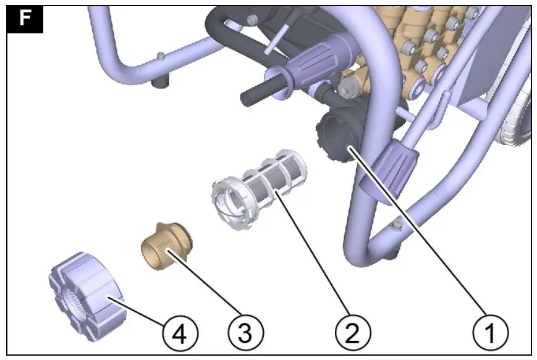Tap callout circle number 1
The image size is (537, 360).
point(491,334)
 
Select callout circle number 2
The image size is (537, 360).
point(353,334)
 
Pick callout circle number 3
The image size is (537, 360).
point(245,334)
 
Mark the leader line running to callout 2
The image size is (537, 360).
point(315,259)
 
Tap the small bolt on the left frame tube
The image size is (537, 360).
point(161,57)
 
